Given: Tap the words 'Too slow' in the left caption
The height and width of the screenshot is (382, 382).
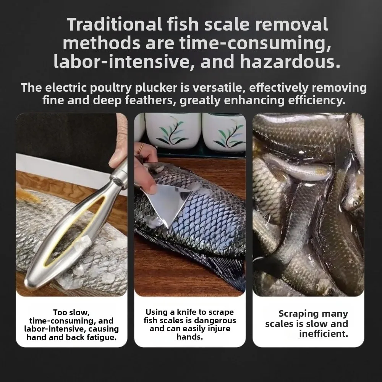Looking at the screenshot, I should coord(71,313).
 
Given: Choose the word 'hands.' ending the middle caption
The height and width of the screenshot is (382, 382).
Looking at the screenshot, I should coord(190,337).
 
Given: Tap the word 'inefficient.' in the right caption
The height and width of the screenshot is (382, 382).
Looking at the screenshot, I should coord(323,334).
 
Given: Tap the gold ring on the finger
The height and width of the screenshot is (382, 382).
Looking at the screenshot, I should coord(141,147).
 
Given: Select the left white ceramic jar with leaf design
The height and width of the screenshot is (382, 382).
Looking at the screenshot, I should coord(173,132).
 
